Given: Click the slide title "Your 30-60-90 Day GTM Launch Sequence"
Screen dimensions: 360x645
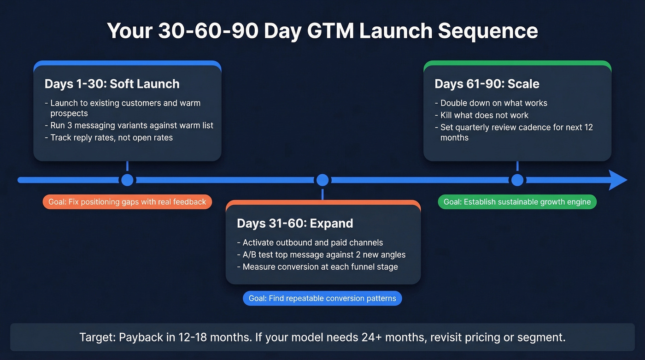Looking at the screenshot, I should (322, 31).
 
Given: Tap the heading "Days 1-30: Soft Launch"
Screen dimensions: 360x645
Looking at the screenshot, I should (112, 84).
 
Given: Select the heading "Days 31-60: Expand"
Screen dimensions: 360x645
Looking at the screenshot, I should (295, 224).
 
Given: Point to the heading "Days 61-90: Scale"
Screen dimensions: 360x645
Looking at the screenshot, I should (487, 84).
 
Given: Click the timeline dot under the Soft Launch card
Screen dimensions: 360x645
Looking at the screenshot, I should (127, 180).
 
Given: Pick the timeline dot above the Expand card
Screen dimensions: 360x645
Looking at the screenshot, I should (322, 180).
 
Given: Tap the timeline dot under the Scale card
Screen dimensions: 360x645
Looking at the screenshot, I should (517, 180).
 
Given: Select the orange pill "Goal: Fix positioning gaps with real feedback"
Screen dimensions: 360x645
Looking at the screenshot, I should (127, 202).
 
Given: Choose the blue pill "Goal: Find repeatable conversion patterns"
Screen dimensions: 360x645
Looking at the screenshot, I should (322, 298).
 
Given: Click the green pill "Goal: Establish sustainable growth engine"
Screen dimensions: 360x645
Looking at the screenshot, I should (517, 202).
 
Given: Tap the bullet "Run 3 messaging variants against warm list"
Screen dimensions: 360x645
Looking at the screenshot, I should (129, 125).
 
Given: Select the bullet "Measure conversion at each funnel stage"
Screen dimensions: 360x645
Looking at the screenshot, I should (317, 266).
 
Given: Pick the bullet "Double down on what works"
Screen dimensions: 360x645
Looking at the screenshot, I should (491, 103).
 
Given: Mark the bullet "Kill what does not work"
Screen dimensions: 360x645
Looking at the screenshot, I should (481, 115).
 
